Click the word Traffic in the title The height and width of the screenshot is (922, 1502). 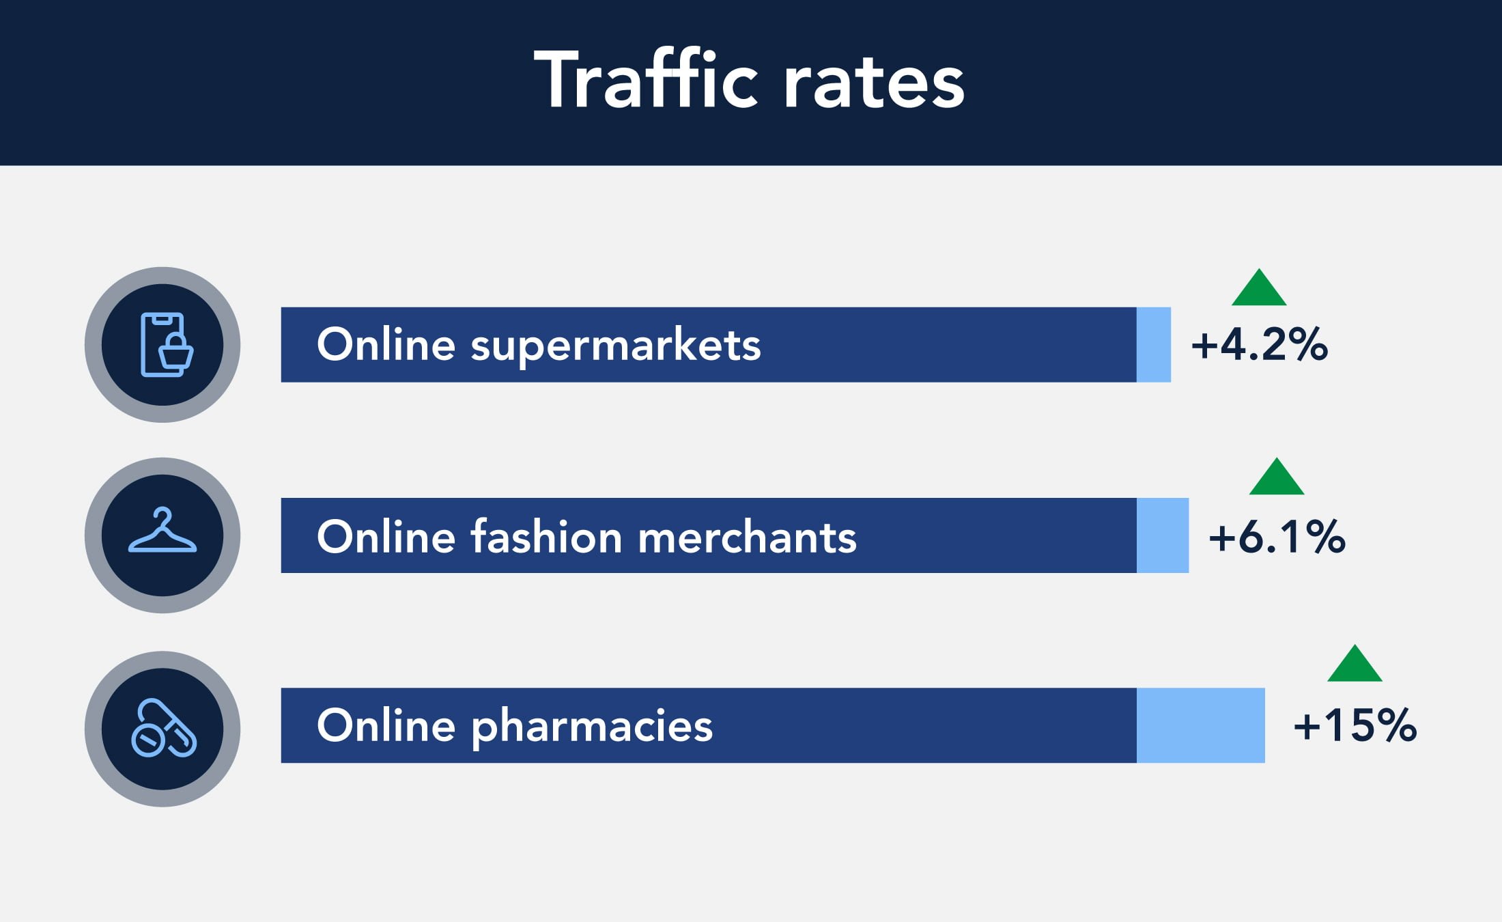point(646,79)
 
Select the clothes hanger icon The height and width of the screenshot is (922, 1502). point(162,530)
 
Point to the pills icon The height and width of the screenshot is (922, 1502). point(164,728)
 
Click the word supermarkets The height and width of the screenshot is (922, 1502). point(616,347)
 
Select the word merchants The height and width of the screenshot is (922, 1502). point(748,537)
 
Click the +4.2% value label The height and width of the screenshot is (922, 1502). point(1260,344)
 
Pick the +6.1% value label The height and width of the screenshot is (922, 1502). point(1277,536)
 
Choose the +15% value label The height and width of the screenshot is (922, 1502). point(1355,725)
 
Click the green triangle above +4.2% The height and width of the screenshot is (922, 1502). point(1259,288)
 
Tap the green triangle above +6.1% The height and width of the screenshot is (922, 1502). point(1277,477)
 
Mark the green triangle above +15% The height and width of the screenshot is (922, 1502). point(1355,665)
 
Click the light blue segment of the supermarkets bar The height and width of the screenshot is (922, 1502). point(1154,345)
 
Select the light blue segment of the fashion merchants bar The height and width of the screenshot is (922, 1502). point(1163,535)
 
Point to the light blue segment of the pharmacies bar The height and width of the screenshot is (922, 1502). point(1201,725)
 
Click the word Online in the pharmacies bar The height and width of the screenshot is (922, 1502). point(386,725)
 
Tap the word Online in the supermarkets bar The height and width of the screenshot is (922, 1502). point(386,344)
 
